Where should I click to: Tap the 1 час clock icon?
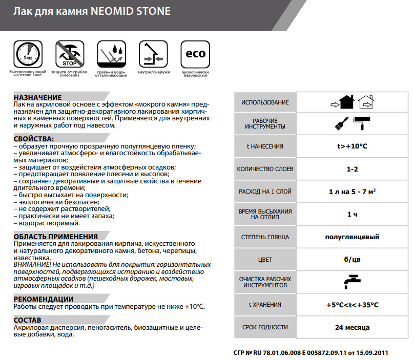27,55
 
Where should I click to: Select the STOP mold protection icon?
69,55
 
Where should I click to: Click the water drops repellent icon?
111,55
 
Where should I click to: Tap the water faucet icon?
351,281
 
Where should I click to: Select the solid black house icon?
343,102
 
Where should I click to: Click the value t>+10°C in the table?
352,146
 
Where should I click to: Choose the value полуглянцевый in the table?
352,237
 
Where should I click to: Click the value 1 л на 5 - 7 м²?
352,192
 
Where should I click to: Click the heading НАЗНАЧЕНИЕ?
38,97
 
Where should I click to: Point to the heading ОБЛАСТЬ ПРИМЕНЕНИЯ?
56,237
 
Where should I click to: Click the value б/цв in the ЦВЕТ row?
352,260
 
